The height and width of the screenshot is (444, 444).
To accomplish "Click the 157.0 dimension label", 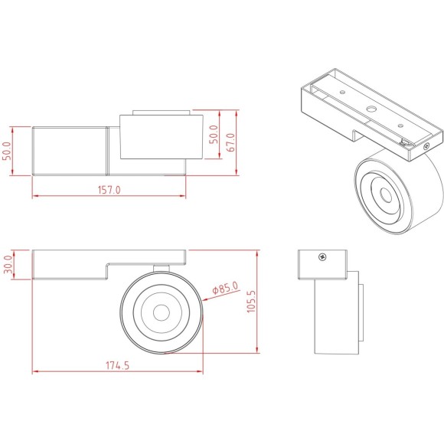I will tap(109, 190).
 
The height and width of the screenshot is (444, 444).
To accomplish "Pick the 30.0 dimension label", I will tap(9, 263).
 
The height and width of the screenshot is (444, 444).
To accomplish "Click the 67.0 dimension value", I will tap(229, 142).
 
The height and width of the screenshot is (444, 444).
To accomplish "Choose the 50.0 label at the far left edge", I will tap(8, 151).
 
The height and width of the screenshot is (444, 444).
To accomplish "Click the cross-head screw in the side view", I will tap(324, 257).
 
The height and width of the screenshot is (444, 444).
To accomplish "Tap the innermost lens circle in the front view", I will tap(162, 312).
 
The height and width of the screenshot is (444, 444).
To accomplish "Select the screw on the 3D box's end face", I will tap(427, 145).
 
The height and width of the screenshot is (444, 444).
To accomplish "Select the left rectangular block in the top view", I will tap(69, 151).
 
